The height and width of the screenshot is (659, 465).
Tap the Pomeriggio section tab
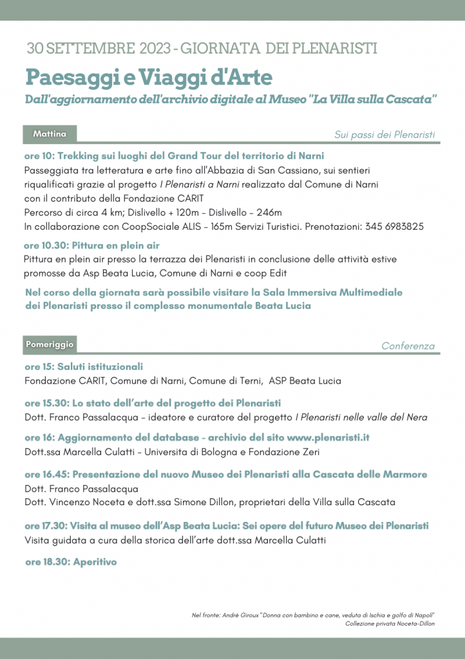pyautogui.click(x=50, y=344)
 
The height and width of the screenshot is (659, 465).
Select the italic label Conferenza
pyautogui.click(x=408, y=346)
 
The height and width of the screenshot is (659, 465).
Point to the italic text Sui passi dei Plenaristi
pyautogui.click(x=384, y=135)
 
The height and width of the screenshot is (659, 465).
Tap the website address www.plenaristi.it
pyautogui.click(x=328, y=438)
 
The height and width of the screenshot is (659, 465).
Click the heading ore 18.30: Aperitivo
pyautogui.click(x=71, y=562)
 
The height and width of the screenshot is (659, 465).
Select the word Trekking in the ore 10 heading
pyautogui.click(x=80, y=156)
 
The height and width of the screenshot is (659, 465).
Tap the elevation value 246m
pyautogui.click(x=269, y=212)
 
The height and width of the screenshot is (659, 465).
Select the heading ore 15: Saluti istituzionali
pyautogui.click(x=84, y=366)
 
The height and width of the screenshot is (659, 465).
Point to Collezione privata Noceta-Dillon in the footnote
pyautogui.click(x=390, y=624)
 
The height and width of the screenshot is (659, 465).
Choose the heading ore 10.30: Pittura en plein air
pyautogui.click(x=91, y=245)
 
